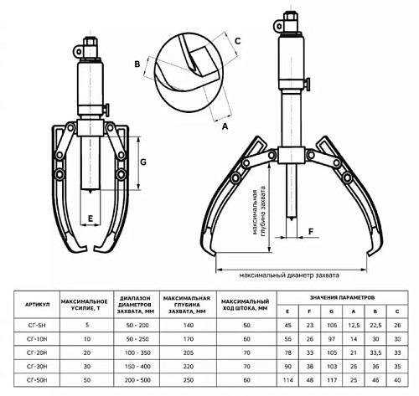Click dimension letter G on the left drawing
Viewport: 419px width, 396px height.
(x=143, y=162)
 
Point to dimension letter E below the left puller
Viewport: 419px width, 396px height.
(x=91, y=219)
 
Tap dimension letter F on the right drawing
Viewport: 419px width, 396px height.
(x=311, y=231)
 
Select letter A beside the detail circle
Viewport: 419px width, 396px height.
(x=225, y=126)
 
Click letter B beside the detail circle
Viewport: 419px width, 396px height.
(x=137, y=64)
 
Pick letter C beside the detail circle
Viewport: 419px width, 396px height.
(x=237, y=41)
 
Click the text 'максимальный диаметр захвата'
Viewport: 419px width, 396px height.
(x=289, y=275)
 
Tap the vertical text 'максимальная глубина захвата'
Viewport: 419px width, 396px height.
(x=258, y=213)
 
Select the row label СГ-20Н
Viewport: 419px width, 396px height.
(x=37, y=352)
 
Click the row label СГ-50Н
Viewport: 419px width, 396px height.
(x=37, y=380)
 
